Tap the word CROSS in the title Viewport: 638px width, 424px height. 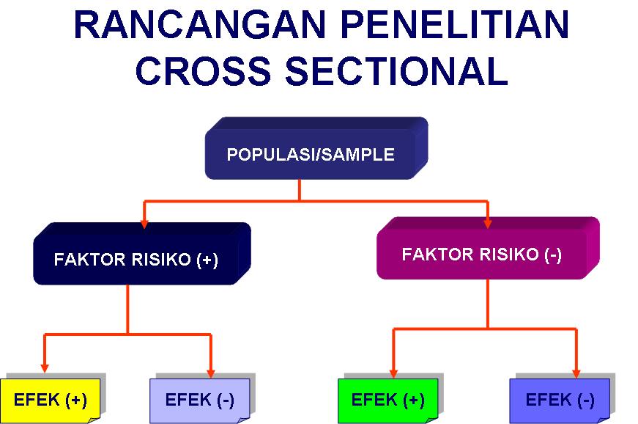tap(203, 71)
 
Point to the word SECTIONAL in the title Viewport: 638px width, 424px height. tap(397, 71)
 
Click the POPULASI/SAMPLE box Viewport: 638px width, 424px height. tap(316, 148)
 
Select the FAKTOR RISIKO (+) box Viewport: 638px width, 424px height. tap(142, 253)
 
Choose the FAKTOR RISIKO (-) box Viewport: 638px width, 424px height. tap(488, 248)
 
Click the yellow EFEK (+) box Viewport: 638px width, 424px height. tap(50, 401)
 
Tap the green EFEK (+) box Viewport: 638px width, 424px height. tap(387, 401)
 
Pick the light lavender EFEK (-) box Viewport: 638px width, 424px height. tap(200, 401)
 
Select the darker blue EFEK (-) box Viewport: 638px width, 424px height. tap(560, 401)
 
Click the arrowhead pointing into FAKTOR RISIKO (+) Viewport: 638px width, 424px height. tap(144, 224)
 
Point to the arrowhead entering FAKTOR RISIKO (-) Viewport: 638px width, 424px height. tap(488, 224)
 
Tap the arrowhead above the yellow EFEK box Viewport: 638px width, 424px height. tap(45, 368)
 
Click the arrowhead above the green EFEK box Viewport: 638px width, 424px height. tap(393, 373)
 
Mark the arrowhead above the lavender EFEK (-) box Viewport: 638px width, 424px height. tap(211, 373)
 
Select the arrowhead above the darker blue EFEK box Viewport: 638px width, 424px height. tap(576, 373)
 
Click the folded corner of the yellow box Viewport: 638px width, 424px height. tap(94, 420)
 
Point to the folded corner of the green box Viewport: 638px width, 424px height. tap(432, 420)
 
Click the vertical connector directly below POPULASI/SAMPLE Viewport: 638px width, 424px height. tap(300, 190)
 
